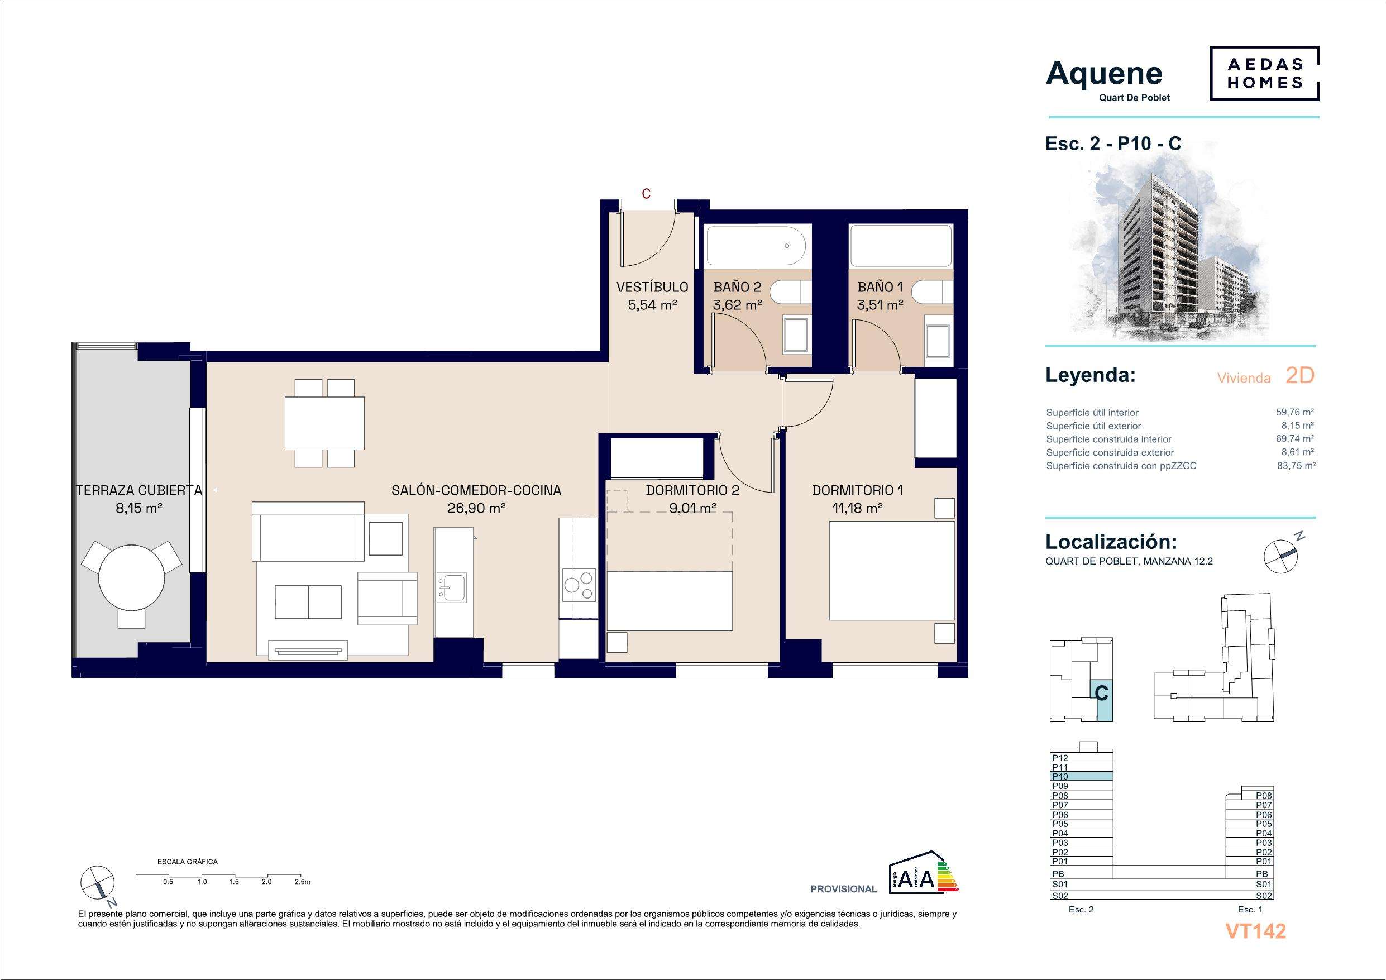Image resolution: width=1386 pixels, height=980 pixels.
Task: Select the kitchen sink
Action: pyautogui.click(x=452, y=587)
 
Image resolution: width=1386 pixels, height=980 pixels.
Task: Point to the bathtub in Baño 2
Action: pyautogui.click(x=756, y=246)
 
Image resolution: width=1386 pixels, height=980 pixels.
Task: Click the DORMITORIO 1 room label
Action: pyautogui.click(x=857, y=490)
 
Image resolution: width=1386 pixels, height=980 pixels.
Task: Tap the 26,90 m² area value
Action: pyautogui.click(x=476, y=508)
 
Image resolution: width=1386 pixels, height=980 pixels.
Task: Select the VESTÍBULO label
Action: pyautogui.click(x=652, y=288)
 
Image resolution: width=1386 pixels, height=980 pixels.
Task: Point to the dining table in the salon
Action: pyautogui.click(x=325, y=423)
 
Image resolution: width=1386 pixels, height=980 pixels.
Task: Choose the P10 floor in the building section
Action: pyautogui.click(x=1081, y=777)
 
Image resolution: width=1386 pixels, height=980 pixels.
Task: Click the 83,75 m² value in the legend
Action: pyautogui.click(x=1297, y=466)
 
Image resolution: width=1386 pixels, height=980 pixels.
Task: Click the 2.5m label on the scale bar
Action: pyautogui.click(x=302, y=882)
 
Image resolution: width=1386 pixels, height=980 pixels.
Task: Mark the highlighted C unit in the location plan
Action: pyautogui.click(x=1102, y=700)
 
